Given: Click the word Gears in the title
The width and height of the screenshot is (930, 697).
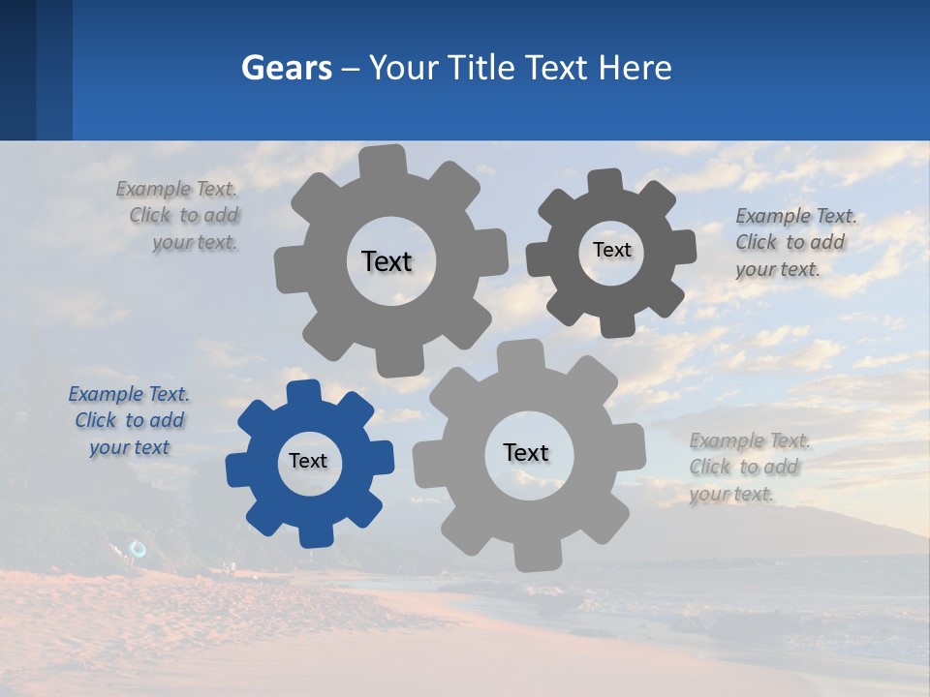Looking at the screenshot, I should coord(287,68).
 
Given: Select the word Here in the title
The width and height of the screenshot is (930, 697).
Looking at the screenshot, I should coord(635,68).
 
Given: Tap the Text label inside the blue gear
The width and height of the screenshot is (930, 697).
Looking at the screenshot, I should coord(308,461).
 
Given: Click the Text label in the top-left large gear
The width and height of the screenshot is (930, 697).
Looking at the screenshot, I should coord(387,261).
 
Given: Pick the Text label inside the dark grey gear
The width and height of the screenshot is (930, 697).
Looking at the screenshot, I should coord(611,250).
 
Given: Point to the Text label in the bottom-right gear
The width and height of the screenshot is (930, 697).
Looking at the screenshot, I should coord(526,452).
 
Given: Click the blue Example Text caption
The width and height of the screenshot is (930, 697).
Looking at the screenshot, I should coord(129,421).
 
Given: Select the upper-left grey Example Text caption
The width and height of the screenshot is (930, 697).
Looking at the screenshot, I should coord(184,216).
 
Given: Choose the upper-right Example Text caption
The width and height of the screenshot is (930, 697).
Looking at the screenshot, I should coord(794,242).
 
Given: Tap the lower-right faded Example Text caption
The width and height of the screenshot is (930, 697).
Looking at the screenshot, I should coord(748,467).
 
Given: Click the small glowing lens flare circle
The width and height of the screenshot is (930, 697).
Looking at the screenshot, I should coord(138,549).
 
